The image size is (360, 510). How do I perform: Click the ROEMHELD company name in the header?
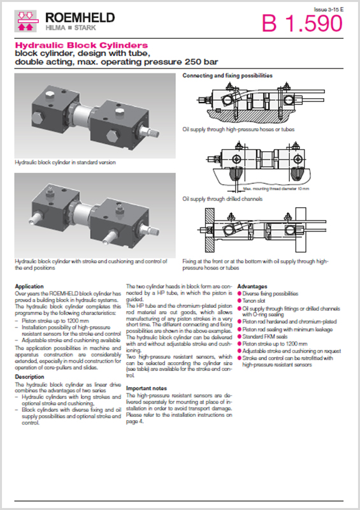(80, 17)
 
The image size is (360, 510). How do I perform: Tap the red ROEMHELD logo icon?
(27, 22)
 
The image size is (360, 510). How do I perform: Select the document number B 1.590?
(302, 24)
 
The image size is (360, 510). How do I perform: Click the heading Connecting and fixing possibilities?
(227, 75)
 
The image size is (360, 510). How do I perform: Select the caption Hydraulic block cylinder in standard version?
(65, 163)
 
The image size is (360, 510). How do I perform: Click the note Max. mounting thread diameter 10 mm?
(275, 189)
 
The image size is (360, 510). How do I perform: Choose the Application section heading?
(29, 286)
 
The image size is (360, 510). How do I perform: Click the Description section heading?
(29, 377)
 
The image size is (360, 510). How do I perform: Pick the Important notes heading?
(147, 388)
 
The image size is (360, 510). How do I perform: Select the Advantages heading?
(252, 286)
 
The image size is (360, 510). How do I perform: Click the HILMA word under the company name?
(55, 29)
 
